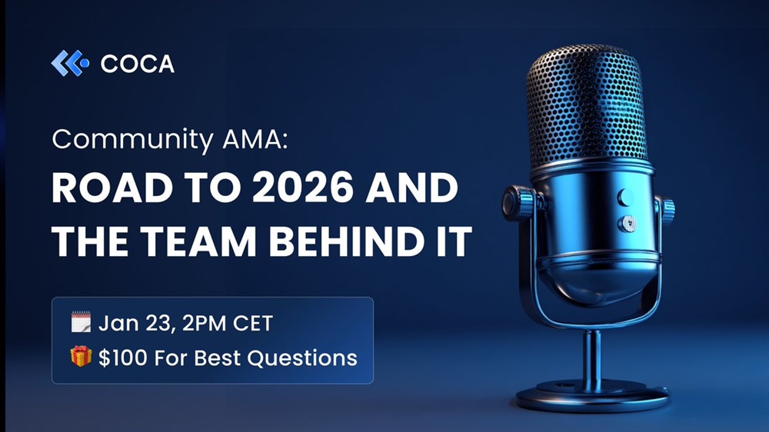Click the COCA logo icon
click(70, 63)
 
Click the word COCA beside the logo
click(138, 65)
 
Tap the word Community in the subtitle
click(132, 140)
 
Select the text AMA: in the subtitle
click(255, 139)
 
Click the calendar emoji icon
click(81, 322)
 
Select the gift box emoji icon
click(81, 357)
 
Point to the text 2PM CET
click(228, 324)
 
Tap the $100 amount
click(122, 358)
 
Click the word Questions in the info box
click(302, 358)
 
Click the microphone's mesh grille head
click(587, 105)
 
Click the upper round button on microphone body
click(625, 197)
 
